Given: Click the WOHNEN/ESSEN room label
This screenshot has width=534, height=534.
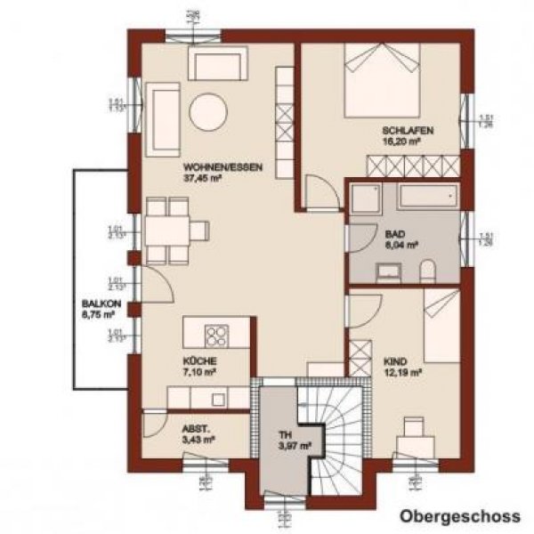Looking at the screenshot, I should coord(210,166).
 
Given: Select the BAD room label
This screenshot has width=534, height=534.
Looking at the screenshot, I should coord(395,234).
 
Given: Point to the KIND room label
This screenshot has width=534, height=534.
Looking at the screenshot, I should coord(396,361).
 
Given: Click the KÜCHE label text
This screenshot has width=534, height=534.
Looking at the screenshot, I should coord(196,361).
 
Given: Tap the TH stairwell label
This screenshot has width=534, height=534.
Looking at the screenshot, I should coord(284,434).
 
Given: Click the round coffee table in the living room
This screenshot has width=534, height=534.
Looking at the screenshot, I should coord(207,112).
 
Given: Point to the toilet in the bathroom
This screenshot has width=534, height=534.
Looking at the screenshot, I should coord(426,270).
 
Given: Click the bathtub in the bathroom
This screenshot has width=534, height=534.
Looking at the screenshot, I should coord(428,197).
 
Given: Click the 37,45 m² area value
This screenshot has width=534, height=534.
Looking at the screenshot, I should coord(202,177).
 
